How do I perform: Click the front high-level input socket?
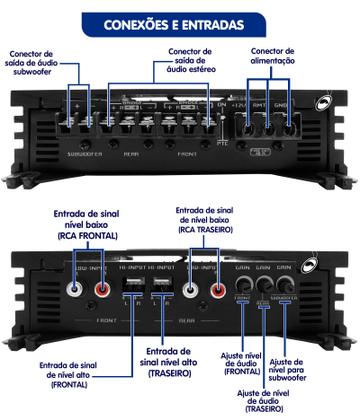click(x=135, y=288)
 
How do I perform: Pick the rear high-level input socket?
click(x=164, y=288)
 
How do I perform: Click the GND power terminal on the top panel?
click(x=286, y=126)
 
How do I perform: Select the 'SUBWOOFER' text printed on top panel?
click(x=83, y=156)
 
